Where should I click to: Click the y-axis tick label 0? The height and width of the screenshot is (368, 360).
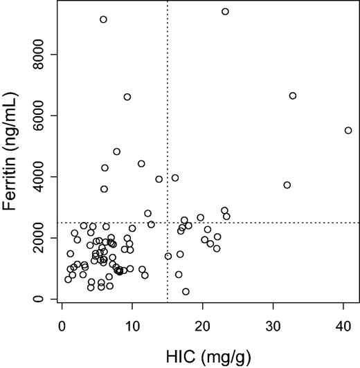coord(43,299)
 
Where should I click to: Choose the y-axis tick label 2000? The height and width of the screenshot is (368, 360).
coord(43,238)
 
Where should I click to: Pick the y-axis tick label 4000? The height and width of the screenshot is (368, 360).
coord(43,176)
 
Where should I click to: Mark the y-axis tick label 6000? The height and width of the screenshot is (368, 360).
coord(43,116)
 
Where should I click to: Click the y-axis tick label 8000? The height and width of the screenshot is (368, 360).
coord(43,54)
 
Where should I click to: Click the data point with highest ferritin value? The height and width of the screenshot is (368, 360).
coord(225,11)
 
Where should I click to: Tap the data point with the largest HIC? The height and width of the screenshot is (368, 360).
coord(348,130)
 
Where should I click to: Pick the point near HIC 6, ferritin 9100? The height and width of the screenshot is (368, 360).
coord(103,19)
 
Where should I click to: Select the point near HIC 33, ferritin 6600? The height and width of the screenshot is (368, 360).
coord(293,95)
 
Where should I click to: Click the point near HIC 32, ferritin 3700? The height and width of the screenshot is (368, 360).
coord(287,185)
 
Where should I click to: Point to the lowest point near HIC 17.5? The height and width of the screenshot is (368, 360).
coord(186,291)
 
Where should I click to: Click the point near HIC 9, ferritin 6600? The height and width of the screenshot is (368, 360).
coord(127,97)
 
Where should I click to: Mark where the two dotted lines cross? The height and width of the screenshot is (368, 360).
coord(168,223)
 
